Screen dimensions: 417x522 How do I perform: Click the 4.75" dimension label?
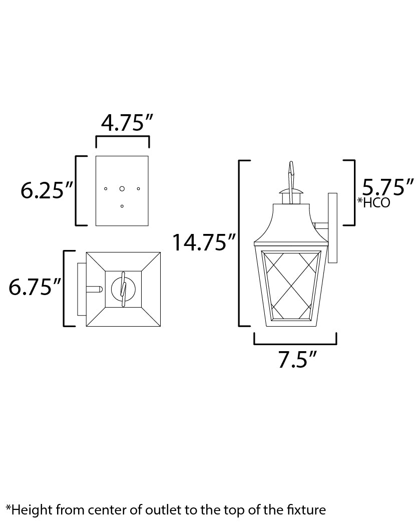(127, 123)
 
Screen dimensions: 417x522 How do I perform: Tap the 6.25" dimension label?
(47, 190)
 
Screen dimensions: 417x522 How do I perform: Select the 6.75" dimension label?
(35, 287)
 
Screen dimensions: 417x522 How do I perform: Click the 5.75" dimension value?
(387, 187)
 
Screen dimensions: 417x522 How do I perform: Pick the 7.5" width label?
(297, 359)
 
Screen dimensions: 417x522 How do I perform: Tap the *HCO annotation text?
(373, 202)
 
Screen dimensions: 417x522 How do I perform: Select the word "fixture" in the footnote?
(306, 509)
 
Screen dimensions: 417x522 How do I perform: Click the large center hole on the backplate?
(122, 189)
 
